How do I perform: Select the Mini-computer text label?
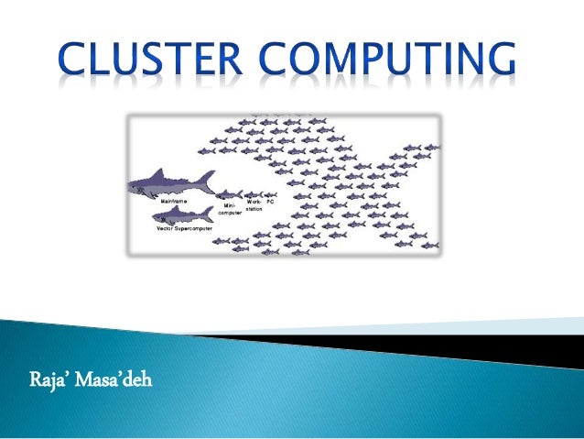pos(230,209)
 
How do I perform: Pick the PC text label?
pos(270,201)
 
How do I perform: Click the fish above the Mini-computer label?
pos(228,193)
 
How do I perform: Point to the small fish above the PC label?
pos(270,194)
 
